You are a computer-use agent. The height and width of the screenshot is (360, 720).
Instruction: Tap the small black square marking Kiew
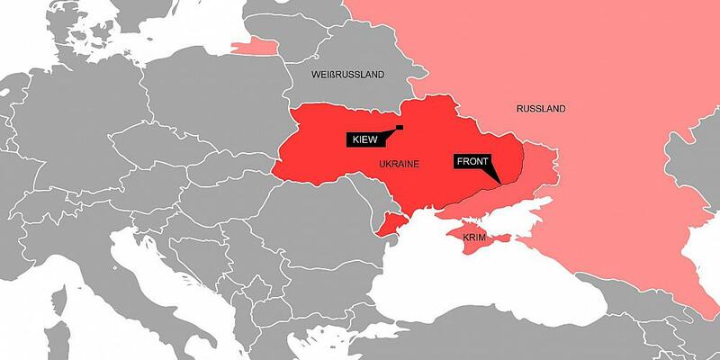[x=399, y=127]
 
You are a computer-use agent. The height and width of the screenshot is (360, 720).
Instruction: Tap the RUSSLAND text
[x=541, y=109]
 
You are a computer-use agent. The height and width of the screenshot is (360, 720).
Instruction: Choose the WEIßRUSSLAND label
[x=346, y=73]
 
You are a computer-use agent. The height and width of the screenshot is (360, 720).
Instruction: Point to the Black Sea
[x=477, y=288]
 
